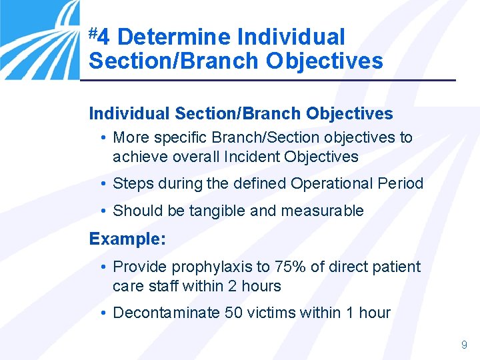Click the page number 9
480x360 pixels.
click(464, 345)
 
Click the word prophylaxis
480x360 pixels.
click(213, 267)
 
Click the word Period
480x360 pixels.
click(401, 183)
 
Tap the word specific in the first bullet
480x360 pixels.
click(181, 138)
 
